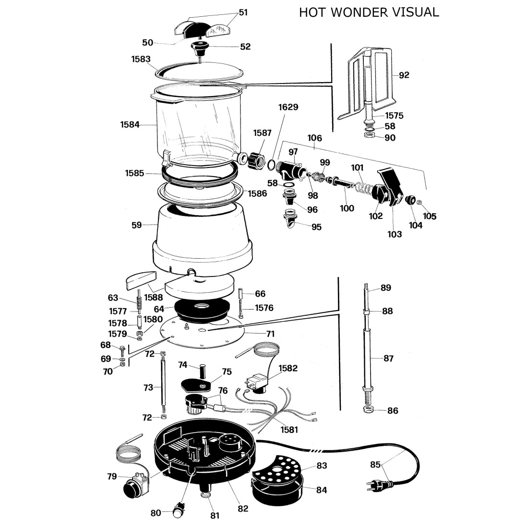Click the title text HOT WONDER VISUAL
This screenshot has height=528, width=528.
(x=369, y=12)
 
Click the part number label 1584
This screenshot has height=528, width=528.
(x=130, y=125)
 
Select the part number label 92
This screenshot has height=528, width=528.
(x=404, y=75)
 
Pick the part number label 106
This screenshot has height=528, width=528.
(x=314, y=138)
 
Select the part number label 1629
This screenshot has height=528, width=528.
(x=288, y=107)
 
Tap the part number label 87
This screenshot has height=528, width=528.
(x=388, y=358)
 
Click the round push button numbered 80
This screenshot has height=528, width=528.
(x=179, y=512)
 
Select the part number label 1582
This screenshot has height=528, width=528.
(x=288, y=368)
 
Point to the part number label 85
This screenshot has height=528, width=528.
(x=375, y=464)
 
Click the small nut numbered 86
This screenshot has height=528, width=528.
(x=368, y=410)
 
